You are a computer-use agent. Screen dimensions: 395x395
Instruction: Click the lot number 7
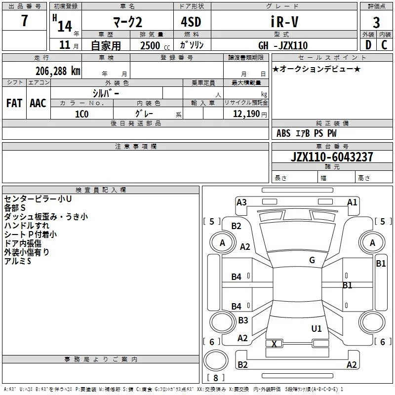(24, 20)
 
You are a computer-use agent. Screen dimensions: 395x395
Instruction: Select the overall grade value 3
(376, 22)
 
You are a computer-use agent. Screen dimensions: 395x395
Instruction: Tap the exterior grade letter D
(368, 45)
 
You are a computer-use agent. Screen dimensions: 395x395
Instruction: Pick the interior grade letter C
(384, 45)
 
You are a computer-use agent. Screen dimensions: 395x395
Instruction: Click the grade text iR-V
(284, 21)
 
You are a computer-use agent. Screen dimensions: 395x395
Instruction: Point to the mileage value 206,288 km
(58, 71)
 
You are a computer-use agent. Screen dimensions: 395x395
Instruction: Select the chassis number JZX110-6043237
(332, 157)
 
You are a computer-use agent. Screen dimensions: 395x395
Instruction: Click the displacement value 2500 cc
(155, 45)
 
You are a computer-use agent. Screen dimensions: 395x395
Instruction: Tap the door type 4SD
(191, 22)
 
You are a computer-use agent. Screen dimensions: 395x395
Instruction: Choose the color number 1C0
(82, 114)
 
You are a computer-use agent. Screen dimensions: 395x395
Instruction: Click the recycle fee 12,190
(246, 114)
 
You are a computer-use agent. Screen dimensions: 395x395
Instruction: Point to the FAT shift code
(14, 103)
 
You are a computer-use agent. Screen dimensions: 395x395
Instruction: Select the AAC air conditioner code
(38, 103)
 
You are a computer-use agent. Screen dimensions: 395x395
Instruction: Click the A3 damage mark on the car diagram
(241, 202)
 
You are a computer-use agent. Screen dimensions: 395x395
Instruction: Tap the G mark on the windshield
(312, 260)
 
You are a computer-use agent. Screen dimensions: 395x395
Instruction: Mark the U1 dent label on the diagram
(316, 328)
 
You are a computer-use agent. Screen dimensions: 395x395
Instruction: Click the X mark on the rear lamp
(274, 344)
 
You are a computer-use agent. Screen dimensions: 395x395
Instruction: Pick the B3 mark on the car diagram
(243, 320)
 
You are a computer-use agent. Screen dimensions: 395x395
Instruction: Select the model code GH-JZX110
(283, 45)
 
